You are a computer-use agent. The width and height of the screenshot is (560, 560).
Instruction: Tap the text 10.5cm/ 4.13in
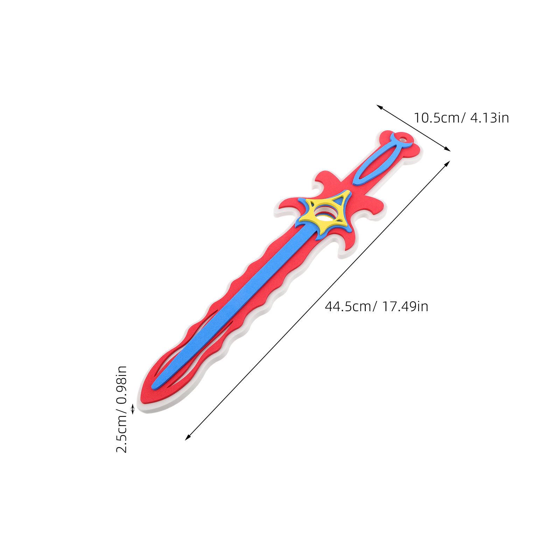point(461,118)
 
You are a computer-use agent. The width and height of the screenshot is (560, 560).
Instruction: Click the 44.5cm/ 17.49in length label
point(377,307)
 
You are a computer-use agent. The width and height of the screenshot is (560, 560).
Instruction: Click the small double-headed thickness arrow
point(133,409)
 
